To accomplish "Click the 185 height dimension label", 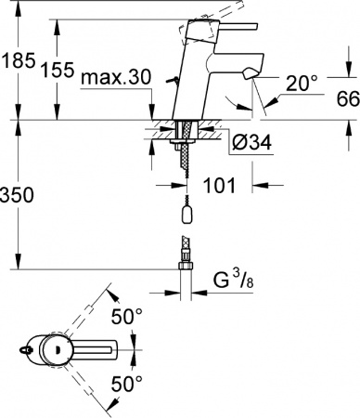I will [18, 61].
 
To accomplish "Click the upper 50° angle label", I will [127, 317].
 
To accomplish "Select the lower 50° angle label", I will [127, 382].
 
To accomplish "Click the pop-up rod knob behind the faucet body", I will [166, 81].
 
